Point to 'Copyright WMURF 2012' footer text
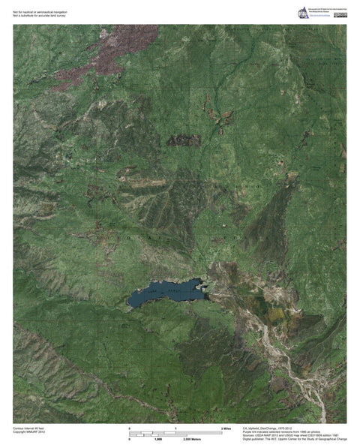click(x=29, y=431)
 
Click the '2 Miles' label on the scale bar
click(x=225, y=428)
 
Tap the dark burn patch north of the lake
click(x=184, y=140)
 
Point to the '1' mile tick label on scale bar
click(x=175, y=428)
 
